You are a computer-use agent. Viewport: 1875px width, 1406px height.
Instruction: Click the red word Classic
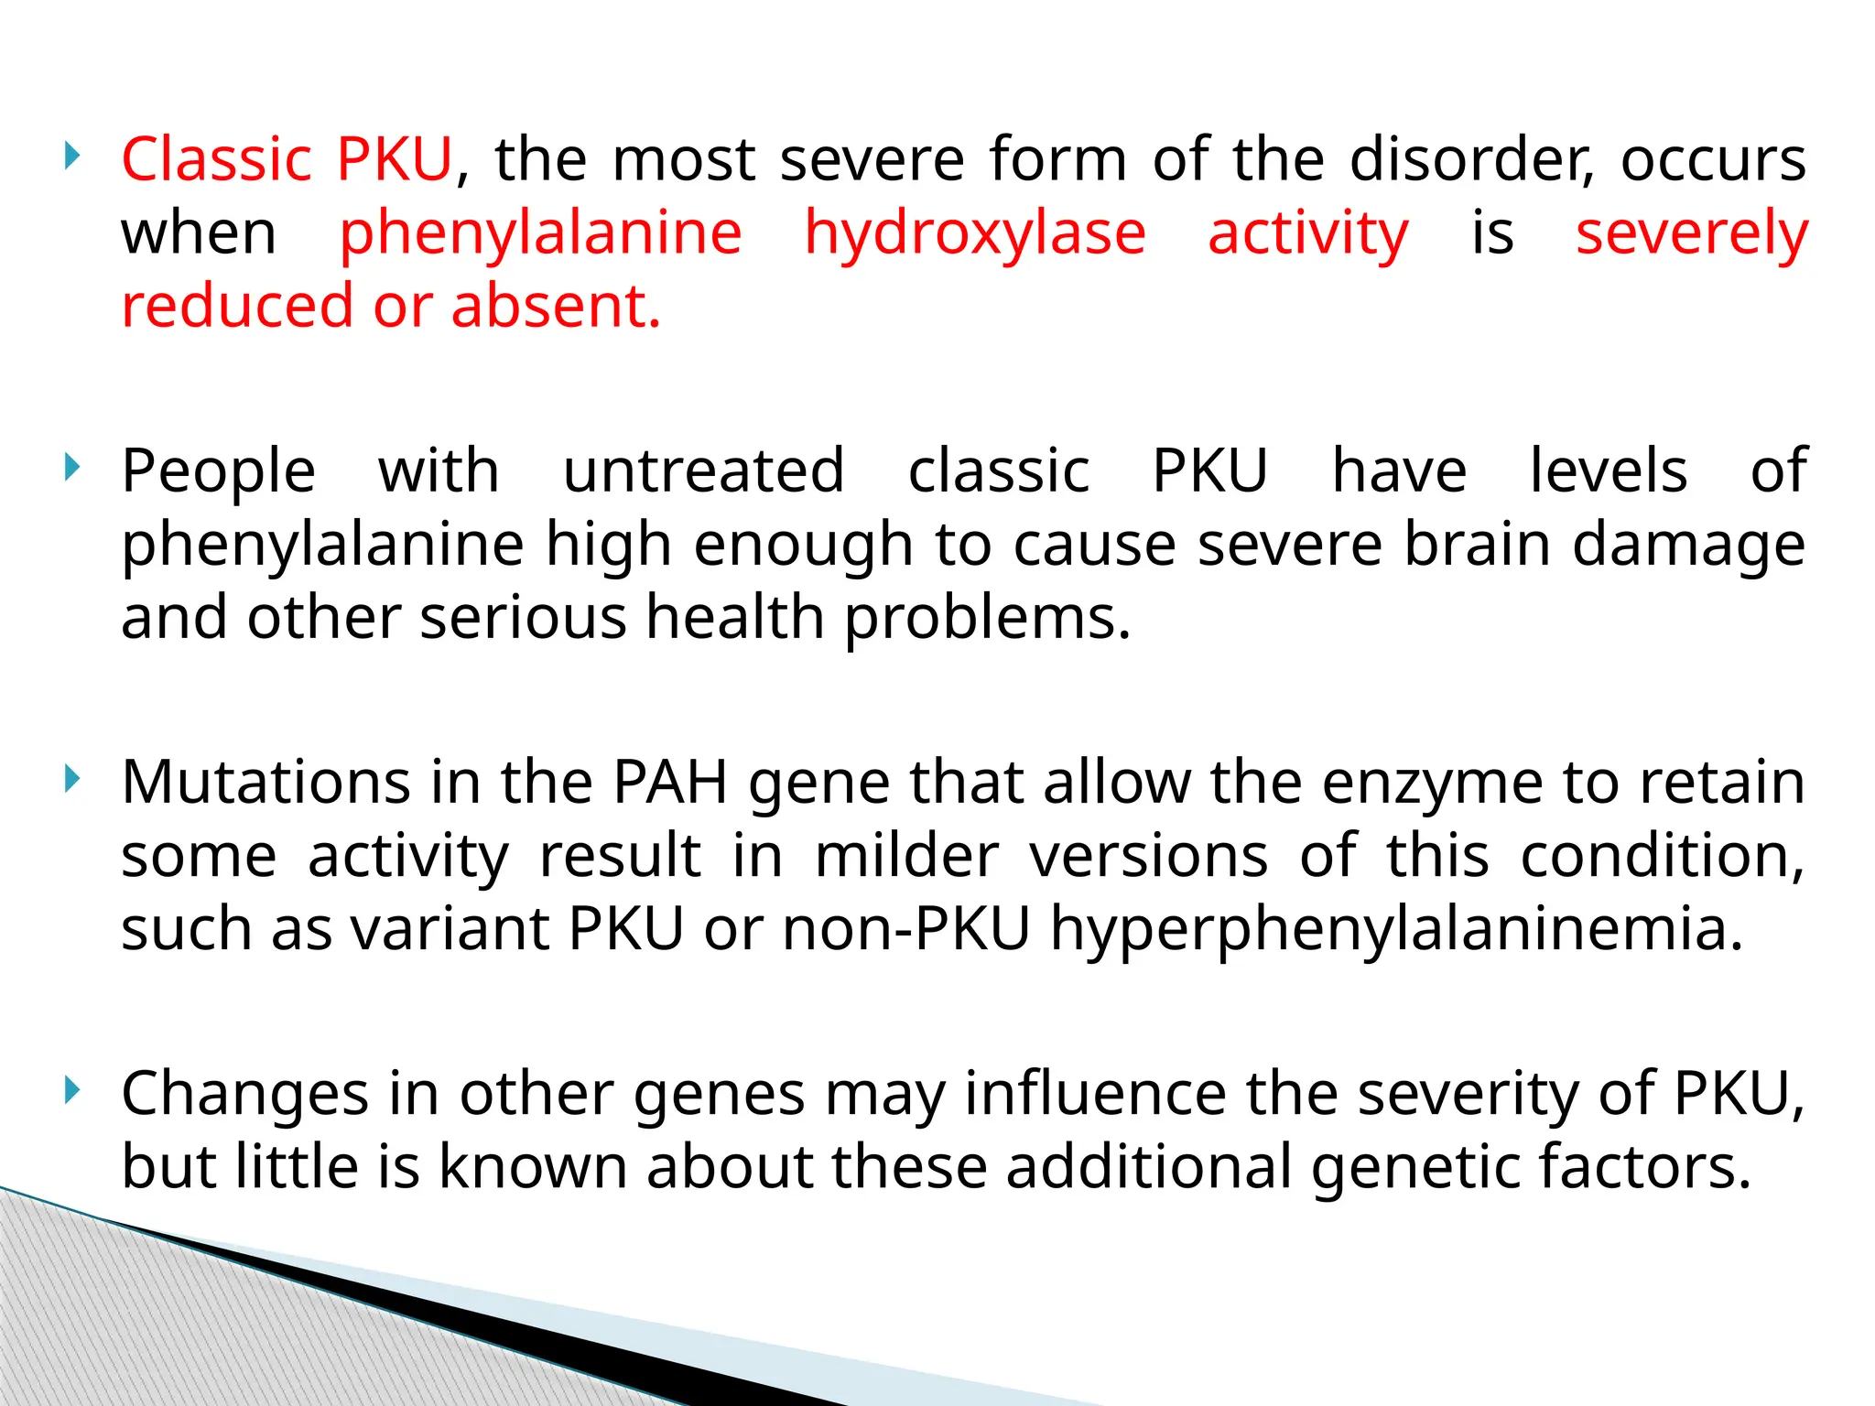(217, 159)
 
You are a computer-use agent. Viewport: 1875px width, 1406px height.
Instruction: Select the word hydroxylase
(975, 233)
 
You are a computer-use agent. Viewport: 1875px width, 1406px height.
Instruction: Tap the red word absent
(555, 306)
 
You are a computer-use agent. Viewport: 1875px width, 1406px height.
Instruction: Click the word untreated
(703, 471)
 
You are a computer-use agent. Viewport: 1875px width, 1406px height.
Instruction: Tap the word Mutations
(266, 783)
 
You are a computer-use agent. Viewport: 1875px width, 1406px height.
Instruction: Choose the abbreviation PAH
(670, 783)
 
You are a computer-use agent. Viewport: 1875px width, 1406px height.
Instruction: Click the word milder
(906, 856)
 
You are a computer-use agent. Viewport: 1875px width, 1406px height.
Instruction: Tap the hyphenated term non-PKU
(906, 929)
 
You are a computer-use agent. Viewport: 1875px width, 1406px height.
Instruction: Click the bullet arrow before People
(73, 469)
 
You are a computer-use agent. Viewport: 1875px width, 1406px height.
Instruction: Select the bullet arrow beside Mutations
(73, 780)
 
